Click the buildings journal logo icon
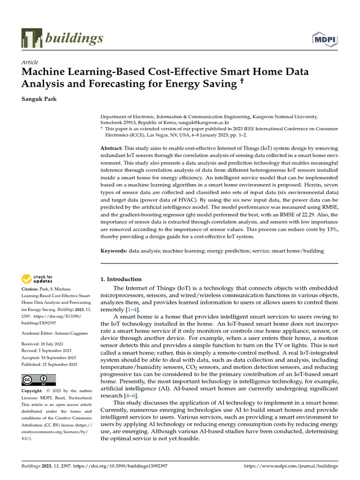point(31,38)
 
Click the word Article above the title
point(30,62)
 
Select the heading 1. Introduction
point(121,279)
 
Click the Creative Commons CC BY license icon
point(39,380)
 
